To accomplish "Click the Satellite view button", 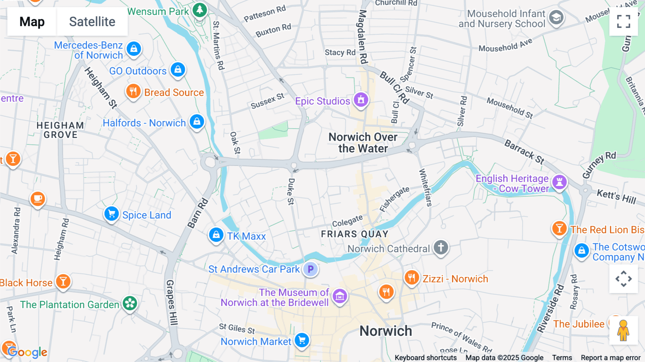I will point(92,22).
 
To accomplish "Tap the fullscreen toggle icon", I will point(623,22).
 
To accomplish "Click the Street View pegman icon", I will point(623,330).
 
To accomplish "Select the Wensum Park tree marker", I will point(200,10).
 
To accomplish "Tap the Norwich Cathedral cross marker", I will point(441,247).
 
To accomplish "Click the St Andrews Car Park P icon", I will point(310,269).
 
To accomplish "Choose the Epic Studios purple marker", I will point(361,100).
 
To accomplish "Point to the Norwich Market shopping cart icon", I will point(302,340).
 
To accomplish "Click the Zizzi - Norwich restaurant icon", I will point(412,277).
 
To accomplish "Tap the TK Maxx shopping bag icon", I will point(216,235).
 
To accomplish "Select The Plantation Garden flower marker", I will point(130,304).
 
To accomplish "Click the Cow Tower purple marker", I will point(559,182).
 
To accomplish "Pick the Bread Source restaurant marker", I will point(133,91).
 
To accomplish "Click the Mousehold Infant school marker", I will point(556,17).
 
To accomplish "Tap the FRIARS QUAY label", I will point(354,234).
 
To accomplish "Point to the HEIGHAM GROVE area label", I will point(60,130).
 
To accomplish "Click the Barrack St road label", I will point(524,152).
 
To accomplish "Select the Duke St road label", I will point(291,192).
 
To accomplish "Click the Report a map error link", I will point(610,357).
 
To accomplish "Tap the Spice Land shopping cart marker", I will point(111,214).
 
